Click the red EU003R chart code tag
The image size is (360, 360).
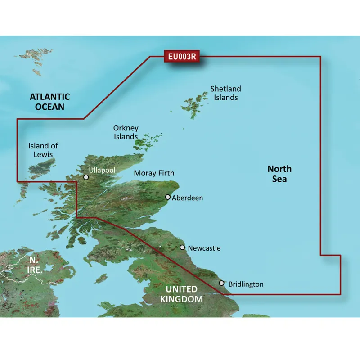[x=182, y=57]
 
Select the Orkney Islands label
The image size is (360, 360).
[x=126, y=132]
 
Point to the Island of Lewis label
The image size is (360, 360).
[x=43, y=150]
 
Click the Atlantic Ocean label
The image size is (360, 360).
[x=49, y=101]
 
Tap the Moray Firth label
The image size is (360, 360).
[x=154, y=173]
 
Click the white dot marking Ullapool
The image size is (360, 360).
[x=86, y=177]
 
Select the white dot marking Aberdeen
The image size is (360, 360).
[x=168, y=197]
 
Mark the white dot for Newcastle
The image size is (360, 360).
[x=182, y=247]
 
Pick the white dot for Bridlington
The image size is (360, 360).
[x=221, y=283]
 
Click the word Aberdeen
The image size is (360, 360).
[x=188, y=198]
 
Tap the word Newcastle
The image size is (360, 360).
[x=204, y=248]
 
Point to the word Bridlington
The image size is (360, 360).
[x=246, y=284]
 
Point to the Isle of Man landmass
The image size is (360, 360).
[x=102, y=278]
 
